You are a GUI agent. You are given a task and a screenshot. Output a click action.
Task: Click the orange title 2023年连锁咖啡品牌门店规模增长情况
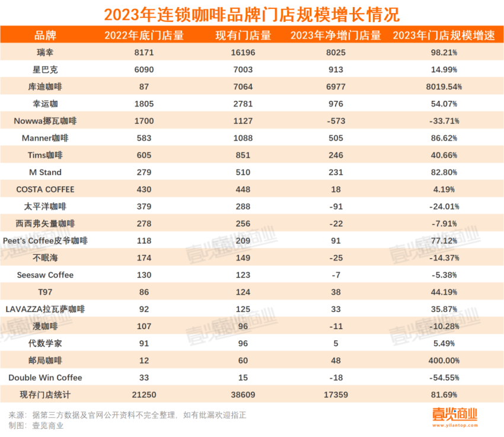point(252,13)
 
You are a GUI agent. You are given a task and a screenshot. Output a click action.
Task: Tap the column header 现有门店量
point(243,35)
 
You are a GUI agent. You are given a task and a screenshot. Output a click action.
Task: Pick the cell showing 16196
point(243,52)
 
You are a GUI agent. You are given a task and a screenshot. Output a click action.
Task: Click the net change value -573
point(335,121)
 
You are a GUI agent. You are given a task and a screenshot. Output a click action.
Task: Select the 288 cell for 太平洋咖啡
point(243,207)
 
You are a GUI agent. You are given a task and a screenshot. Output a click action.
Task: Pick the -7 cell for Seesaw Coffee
point(335,275)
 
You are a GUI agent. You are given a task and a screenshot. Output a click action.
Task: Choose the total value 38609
point(243,395)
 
